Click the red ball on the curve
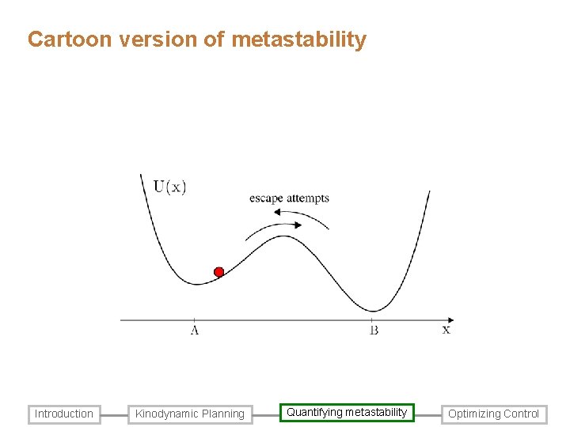[219, 272]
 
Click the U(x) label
[169, 187]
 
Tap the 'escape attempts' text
[289, 198]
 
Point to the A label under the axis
[194, 331]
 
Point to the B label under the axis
[374, 331]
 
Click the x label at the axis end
[446, 330]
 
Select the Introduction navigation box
[64, 414]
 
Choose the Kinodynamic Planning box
[190, 414]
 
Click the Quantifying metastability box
[347, 413]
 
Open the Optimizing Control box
[494, 414]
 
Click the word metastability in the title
[299, 40]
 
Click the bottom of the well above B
[375, 310]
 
